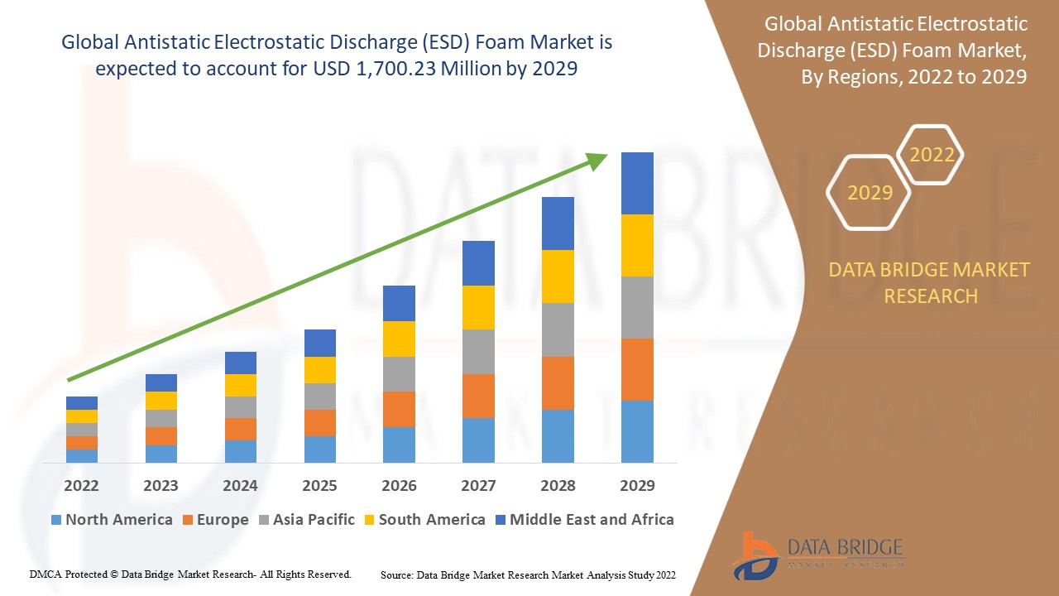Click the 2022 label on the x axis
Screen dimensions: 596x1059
click(81, 486)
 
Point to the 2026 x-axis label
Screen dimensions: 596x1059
click(399, 486)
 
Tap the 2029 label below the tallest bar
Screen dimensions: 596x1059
click(637, 486)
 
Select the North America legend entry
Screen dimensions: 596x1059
click(112, 520)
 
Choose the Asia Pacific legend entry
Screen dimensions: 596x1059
click(307, 520)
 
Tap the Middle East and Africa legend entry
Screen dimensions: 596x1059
click(584, 520)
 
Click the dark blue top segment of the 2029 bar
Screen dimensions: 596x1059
click(637, 183)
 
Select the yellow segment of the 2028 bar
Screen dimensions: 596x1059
click(558, 276)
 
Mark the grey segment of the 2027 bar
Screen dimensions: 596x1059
click(478, 352)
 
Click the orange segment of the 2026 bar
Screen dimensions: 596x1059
click(399, 409)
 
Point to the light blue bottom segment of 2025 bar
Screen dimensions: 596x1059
click(319, 449)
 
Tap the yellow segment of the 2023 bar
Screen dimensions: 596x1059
click(161, 401)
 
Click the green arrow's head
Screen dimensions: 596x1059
click(597, 160)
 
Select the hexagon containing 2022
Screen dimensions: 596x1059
click(931, 155)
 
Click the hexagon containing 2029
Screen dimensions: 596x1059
click(869, 193)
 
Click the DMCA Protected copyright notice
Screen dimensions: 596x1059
click(191, 574)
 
